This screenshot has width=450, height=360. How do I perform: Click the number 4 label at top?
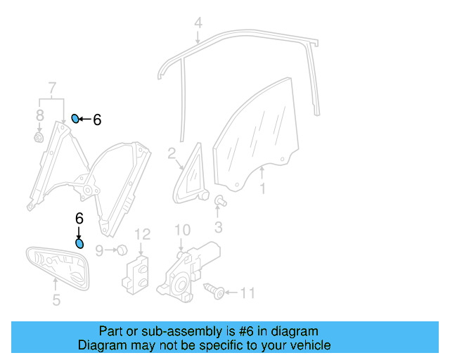point(198,22)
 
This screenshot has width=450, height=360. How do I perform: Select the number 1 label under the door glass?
point(262,188)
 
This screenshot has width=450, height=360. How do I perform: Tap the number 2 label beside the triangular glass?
point(171,153)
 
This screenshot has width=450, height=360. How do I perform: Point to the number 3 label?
point(219,226)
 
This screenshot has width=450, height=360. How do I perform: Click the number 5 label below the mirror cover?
point(56,301)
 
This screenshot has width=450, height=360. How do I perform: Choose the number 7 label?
point(51,89)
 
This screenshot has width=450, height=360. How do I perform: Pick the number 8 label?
point(40,115)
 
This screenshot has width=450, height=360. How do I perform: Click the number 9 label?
point(99,250)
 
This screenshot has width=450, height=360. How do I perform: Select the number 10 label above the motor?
point(182,230)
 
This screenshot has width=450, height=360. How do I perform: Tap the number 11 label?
point(248,292)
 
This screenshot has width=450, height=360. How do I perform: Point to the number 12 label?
point(143,234)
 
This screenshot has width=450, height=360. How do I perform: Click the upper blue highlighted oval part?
point(75,117)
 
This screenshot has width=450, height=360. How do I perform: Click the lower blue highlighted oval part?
point(79,243)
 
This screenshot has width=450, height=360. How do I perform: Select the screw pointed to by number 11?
point(214,290)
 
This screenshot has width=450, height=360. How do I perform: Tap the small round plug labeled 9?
point(121,249)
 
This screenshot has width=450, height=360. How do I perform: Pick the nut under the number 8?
point(39,137)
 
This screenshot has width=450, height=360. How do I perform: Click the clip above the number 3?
point(219,201)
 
